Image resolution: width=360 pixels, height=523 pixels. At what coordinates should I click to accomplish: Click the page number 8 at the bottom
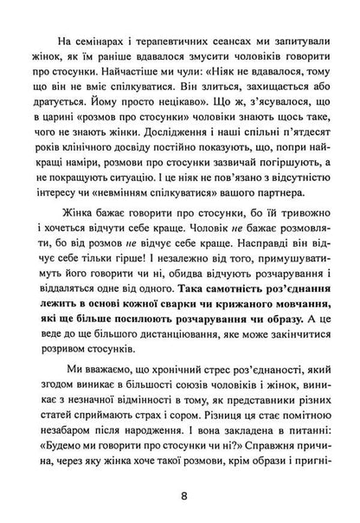(179, 496)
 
